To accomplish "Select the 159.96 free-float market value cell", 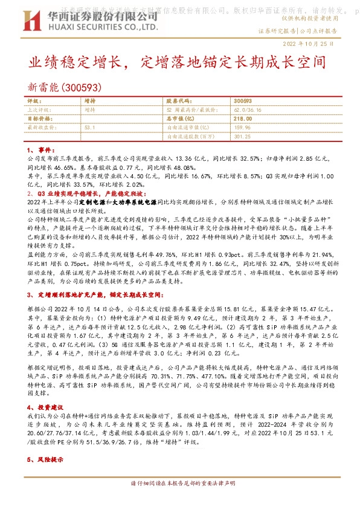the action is click(x=242, y=128).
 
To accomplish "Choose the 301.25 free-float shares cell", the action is click(x=242, y=137).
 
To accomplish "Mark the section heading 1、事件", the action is click(x=42, y=149).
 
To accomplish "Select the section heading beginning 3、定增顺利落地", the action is click(x=94, y=294).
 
